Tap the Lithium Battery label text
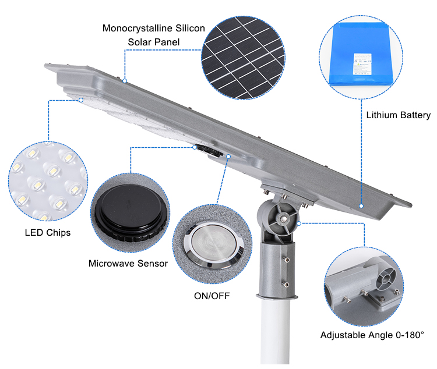tap(398, 115)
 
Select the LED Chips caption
tap(47, 233)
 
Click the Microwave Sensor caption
tap(128, 264)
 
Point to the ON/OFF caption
tap(212, 296)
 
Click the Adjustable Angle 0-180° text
tap(372, 335)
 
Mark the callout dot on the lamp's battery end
tap(361, 205)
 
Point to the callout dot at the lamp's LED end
tap(81, 100)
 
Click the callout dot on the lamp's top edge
tap(124, 80)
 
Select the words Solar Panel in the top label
tap(154, 42)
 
